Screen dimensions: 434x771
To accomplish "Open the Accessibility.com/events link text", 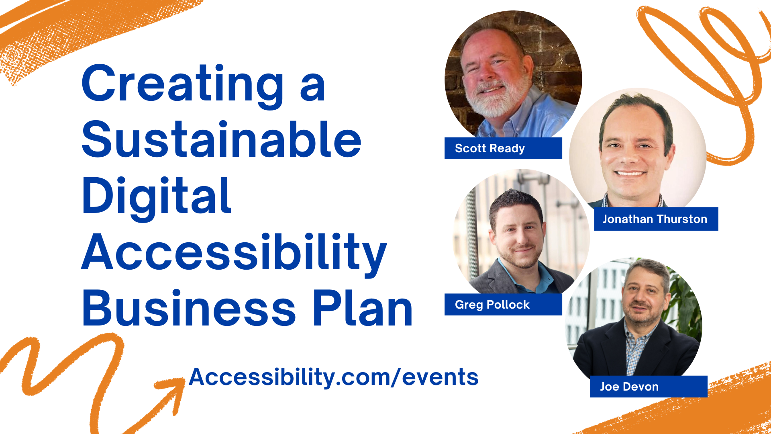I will coord(333,377).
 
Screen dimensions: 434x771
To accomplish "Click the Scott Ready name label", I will coord(490,148).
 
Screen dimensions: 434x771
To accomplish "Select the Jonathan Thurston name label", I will coord(655,219).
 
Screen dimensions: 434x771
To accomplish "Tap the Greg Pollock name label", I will coord(492,305).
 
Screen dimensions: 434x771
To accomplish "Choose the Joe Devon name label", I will coord(629,387).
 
